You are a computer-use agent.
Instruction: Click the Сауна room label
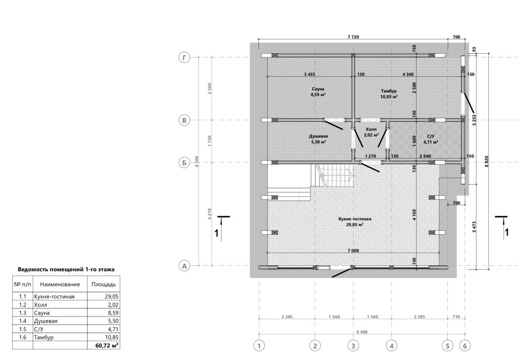pos(318,89)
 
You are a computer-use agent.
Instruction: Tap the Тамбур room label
pos(389,91)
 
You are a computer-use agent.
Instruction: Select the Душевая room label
pos(318,136)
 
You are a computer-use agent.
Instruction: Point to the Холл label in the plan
pos(371,129)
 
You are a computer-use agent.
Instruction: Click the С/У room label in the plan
pos(431,137)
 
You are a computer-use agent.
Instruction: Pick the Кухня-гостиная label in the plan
pos(355,219)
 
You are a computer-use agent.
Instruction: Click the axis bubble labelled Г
pos(184,57)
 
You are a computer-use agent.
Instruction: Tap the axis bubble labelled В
pos(184,120)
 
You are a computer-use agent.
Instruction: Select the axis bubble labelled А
pos(184,266)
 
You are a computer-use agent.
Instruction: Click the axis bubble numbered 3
pos(353,346)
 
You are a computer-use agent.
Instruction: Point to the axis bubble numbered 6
pos(465,346)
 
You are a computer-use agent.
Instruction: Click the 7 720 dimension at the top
pos(353,37)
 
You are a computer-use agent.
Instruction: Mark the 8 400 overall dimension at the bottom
pos(361,332)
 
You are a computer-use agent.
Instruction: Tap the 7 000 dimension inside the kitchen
pos(353,251)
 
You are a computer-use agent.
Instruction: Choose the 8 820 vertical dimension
pos(487,162)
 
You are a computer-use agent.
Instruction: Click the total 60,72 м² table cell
pos(103,345)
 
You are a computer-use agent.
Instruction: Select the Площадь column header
pos(103,284)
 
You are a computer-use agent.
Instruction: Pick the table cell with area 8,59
pos(103,313)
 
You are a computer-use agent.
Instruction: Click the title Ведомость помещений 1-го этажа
pos(66,269)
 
